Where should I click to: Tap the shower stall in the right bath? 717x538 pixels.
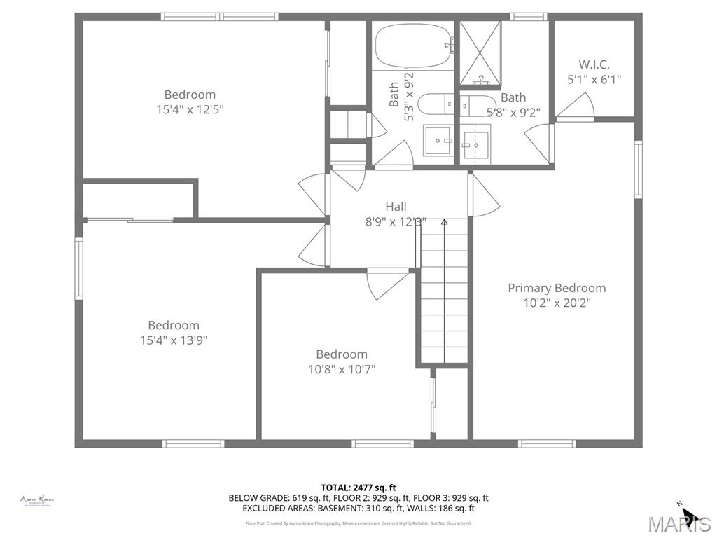(480, 53)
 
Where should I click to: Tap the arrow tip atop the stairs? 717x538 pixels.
(444, 222)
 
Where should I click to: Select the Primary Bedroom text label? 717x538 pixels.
(557, 288)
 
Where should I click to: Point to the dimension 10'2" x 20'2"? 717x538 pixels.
(557, 303)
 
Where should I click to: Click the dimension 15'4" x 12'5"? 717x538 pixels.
(190, 109)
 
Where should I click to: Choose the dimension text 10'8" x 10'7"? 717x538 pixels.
(342, 369)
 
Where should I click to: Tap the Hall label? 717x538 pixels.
(396, 207)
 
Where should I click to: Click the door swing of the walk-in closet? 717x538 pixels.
(578, 106)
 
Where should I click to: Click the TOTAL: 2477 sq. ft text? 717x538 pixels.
(358, 488)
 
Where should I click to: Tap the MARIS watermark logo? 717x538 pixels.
(678, 523)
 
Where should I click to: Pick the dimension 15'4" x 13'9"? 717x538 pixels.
(174, 340)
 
